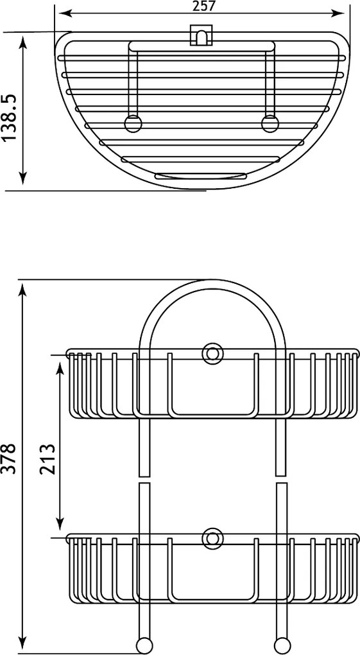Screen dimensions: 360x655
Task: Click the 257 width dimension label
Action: [x=204, y=6]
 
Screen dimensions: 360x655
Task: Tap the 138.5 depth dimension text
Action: [x=10, y=118]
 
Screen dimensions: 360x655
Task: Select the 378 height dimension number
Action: [x=8, y=459]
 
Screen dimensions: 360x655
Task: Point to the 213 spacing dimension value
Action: [x=47, y=459]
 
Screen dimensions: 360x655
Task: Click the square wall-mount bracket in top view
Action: [x=201, y=35]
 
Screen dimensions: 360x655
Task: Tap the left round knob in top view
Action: [x=133, y=124]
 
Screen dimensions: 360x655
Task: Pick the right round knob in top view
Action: [x=270, y=124]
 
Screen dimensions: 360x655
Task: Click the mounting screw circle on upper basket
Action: [x=212, y=354]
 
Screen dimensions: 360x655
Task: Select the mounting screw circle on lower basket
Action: [x=212, y=539]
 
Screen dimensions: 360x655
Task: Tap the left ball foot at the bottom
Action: [x=144, y=645]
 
